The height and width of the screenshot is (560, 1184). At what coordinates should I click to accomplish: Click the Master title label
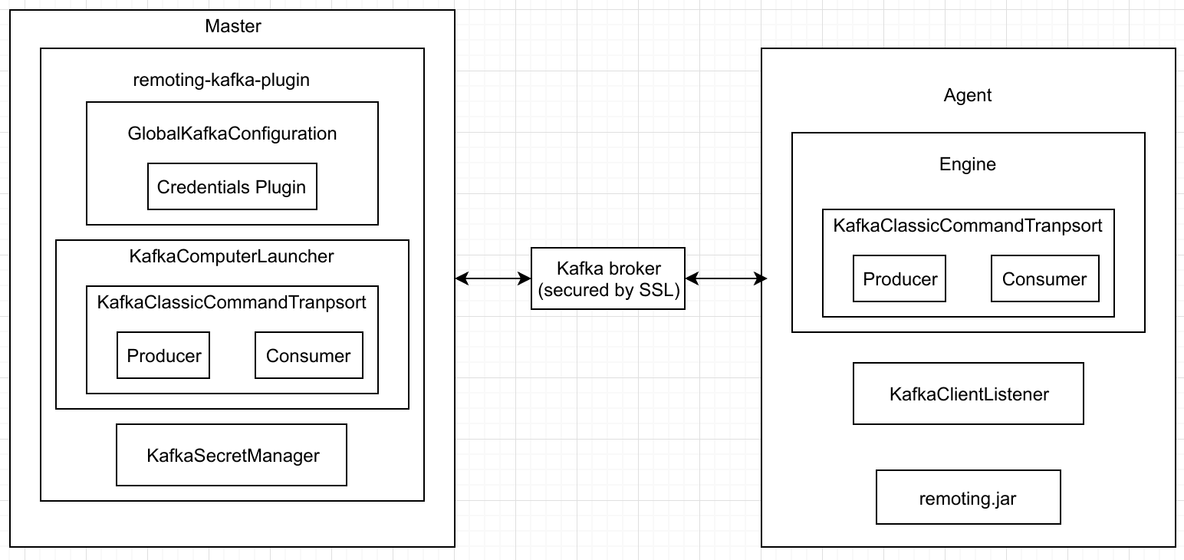point(233,26)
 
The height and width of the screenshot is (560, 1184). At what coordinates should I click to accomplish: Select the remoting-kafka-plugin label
point(221,80)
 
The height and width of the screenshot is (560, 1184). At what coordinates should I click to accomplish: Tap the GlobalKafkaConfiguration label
point(232,133)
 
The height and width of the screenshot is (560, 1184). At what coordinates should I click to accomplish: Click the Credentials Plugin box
point(232,186)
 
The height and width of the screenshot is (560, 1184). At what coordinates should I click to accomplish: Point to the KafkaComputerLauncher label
point(232,256)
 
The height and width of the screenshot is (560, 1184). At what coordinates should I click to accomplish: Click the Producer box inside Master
point(163,355)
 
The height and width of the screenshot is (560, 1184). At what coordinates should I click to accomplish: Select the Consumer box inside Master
point(308,355)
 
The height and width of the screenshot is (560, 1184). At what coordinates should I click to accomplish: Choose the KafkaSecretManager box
point(232,455)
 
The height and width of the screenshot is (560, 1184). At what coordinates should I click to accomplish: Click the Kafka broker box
point(608,278)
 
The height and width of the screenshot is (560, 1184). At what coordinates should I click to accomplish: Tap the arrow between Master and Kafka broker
point(493,278)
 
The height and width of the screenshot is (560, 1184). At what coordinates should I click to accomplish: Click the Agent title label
point(968,95)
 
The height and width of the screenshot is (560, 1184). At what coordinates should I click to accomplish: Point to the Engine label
point(968,164)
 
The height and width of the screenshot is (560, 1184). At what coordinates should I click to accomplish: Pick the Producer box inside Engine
point(900,278)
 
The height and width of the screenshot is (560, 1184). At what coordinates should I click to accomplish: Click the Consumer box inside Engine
point(1044,278)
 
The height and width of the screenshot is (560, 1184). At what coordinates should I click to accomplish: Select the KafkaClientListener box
point(968,394)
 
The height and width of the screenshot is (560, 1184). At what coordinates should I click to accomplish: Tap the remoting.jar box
point(968,498)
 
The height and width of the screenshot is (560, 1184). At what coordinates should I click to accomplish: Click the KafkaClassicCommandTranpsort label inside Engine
point(968,226)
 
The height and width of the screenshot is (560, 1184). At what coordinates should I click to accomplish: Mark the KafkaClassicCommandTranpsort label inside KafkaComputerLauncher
point(232,302)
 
